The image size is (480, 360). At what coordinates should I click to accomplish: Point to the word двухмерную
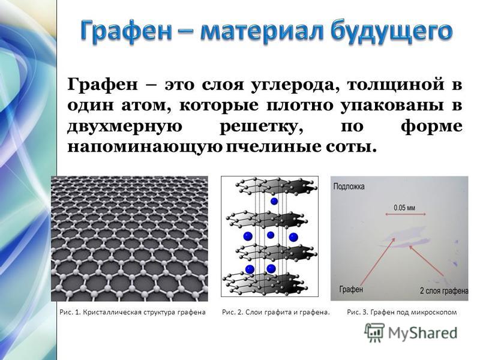(125, 127)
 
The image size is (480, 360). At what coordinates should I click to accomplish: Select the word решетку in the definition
(261, 127)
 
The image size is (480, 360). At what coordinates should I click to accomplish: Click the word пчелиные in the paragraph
(272, 147)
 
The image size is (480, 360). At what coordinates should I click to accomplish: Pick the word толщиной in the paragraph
(395, 85)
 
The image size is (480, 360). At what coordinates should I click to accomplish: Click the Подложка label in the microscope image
(349, 187)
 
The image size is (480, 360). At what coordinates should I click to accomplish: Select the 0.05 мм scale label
(404, 208)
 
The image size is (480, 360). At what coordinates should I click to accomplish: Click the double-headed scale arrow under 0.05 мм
(406, 215)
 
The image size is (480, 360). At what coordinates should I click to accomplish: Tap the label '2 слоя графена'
(444, 290)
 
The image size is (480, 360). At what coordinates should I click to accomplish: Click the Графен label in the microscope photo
(351, 289)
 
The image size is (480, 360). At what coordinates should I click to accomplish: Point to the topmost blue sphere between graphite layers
(274, 201)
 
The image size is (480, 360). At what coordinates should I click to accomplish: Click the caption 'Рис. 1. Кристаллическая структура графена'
(133, 312)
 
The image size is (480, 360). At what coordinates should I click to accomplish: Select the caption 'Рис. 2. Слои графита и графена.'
(276, 312)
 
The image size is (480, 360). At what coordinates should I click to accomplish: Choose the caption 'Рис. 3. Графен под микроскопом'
(402, 312)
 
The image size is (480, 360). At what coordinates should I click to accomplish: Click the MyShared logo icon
(374, 333)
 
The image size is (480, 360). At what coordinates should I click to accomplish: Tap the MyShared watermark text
(423, 333)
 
